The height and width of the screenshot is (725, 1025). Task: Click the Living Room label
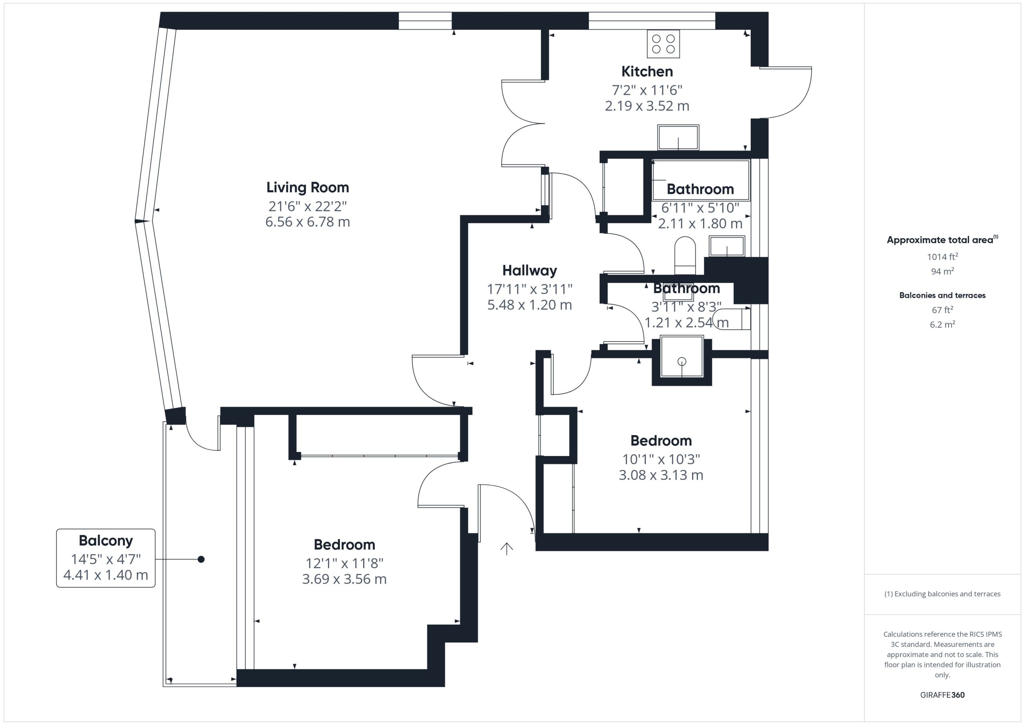pyautogui.click(x=307, y=187)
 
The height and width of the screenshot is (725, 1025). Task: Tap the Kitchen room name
pyautogui.click(x=647, y=71)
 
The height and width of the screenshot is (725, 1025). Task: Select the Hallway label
pyautogui.click(x=529, y=271)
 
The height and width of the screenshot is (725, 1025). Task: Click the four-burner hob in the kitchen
pyautogui.click(x=663, y=44)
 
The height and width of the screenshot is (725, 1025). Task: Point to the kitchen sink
pyautogui.click(x=678, y=137)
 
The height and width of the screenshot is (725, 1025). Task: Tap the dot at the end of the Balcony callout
pyautogui.click(x=201, y=559)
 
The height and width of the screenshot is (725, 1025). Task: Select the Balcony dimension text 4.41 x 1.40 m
pyautogui.click(x=106, y=575)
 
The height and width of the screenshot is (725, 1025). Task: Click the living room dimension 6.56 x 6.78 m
pyautogui.click(x=307, y=222)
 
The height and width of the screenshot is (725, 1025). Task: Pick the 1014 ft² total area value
pyautogui.click(x=943, y=257)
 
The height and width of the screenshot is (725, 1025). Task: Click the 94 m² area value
pyautogui.click(x=943, y=271)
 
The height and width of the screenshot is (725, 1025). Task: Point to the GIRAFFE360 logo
pyautogui.click(x=943, y=695)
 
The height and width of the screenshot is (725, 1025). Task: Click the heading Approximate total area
pyautogui.click(x=943, y=240)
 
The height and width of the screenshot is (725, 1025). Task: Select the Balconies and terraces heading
pyautogui.click(x=943, y=295)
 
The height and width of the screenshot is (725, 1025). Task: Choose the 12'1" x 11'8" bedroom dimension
pyautogui.click(x=344, y=563)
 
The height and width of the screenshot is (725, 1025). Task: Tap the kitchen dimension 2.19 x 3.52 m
pyautogui.click(x=647, y=106)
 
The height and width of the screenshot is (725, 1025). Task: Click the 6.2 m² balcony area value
pyautogui.click(x=943, y=325)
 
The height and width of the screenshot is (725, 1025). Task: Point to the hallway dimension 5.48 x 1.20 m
pyautogui.click(x=529, y=305)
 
